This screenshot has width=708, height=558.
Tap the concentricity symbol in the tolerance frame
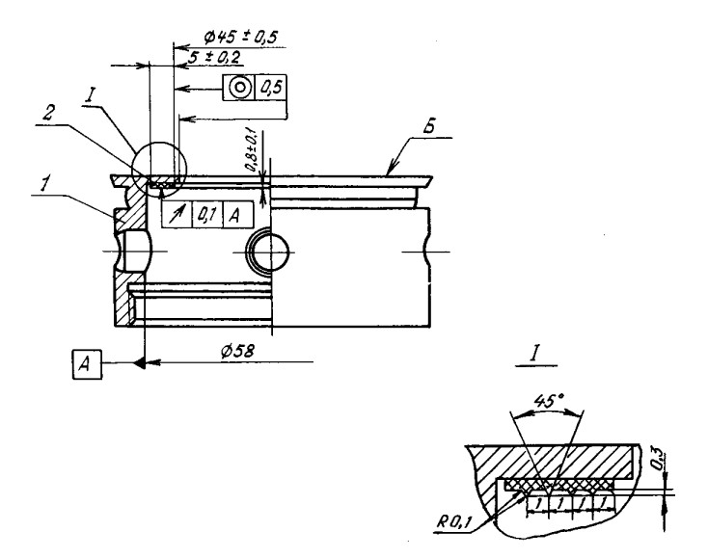(x=238, y=88)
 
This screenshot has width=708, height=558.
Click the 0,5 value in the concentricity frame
(x=271, y=88)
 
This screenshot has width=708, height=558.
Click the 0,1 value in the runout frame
(x=206, y=214)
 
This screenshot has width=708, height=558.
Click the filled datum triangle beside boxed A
(x=140, y=363)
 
